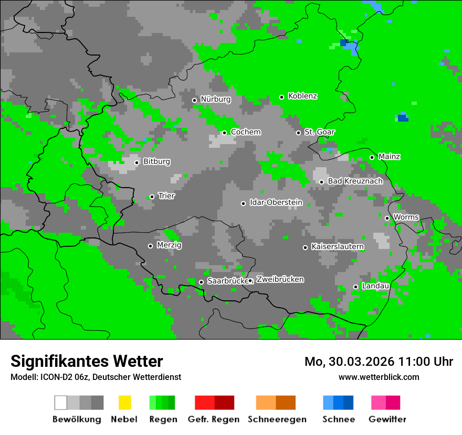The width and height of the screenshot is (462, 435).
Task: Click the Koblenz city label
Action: [x=302, y=96]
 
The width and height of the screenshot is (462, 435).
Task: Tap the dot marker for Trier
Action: [x=152, y=197]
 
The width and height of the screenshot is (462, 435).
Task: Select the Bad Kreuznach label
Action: [x=355, y=181]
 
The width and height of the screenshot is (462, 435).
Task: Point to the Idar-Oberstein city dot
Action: [x=243, y=203]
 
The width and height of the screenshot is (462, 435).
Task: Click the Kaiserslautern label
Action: [x=338, y=246]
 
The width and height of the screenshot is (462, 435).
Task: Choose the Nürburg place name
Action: [x=215, y=99]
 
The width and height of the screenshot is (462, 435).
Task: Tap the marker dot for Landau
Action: [x=355, y=287]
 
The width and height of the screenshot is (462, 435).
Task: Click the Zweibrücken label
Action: [x=280, y=279]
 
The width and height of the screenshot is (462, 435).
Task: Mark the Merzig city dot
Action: [x=150, y=246]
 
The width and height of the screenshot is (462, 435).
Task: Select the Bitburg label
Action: [x=156, y=161]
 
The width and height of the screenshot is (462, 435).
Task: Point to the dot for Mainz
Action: [x=372, y=157]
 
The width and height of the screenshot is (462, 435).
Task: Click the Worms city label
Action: [x=406, y=217]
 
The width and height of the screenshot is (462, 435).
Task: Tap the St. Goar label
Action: [x=319, y=132]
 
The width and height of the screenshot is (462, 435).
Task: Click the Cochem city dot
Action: [x=224, y=133]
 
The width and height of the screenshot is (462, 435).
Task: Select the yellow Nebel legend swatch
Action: [x=124, y=403]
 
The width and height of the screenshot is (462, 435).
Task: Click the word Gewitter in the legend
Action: [x=387, y=419]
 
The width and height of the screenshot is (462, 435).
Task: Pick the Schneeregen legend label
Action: [x=277, y=419]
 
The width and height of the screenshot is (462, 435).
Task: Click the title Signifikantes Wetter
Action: [x=87, y=361]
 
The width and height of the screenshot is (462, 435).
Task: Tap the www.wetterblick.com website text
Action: [x=379, y=377]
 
